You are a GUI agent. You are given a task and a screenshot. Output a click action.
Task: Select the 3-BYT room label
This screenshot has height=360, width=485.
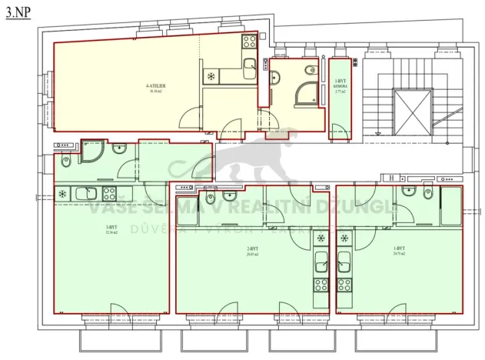click(x=111, y=228)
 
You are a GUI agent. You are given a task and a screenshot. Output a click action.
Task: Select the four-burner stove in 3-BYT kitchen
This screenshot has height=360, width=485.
click(x=109, y=193)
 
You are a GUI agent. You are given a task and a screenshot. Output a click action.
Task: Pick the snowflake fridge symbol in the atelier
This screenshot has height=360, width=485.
click(x=211, y=76)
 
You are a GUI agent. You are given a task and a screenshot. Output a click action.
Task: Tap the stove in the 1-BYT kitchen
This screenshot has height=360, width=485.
click(x=344, y=288)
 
